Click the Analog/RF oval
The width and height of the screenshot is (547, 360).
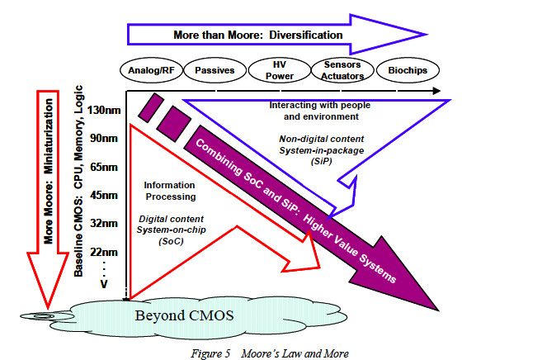149,70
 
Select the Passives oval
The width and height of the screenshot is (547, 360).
214,70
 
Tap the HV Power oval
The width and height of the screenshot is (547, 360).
278,70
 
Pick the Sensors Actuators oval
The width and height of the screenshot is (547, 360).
342,70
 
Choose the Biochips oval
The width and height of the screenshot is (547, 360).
408,70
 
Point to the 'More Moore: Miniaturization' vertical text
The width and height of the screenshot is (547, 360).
52,166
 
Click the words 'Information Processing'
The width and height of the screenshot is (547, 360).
169,191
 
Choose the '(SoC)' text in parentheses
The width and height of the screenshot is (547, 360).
170,242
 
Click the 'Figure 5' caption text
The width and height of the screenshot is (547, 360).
210,353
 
